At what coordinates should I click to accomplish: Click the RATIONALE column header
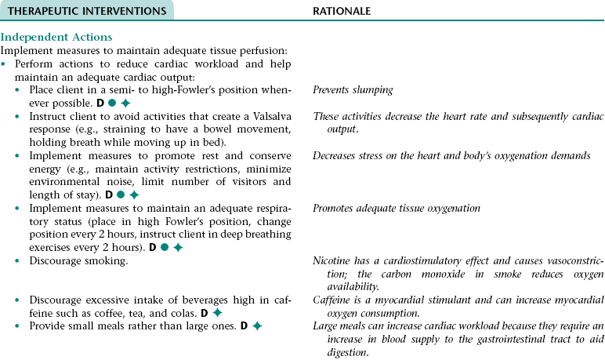[342, 10]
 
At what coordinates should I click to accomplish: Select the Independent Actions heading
[56, 37]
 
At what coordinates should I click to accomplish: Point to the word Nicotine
[331, 260]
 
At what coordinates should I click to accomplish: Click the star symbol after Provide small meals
[257, 325]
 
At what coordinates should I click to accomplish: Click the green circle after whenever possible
[112, 103]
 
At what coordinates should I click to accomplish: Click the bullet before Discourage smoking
[21, 260]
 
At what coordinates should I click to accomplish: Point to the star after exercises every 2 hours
[179, 246]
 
